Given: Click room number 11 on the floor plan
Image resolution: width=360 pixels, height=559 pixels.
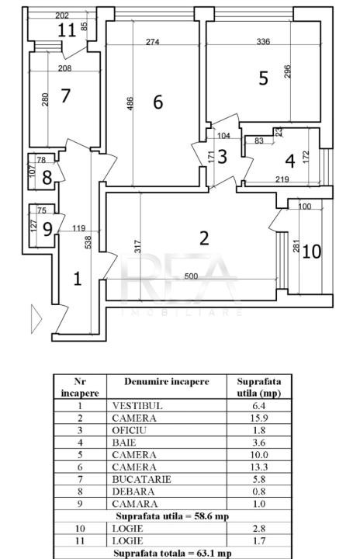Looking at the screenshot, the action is pyautogui.click(x=67, y=30).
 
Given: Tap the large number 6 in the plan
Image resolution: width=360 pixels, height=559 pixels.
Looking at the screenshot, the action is pyautogui.click(x=158, y=102).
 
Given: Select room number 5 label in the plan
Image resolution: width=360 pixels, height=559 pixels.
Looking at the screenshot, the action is pyautogui.click(x=263, y=78).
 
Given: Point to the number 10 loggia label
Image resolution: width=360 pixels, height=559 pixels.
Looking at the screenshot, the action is pyautogui.click(x=312, y=252).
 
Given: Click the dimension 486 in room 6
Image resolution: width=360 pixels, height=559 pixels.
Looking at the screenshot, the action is pyautogui.click(x=130, y=104).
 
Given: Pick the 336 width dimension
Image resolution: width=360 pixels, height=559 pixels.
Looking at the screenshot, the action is pyautogui.click(x=263, y=42).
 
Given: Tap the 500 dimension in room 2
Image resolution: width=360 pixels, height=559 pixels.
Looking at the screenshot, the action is pyautogui.click(x=192, y=276).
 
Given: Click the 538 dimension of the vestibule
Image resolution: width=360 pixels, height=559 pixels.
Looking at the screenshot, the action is pyautogui.click(x=88, y=242).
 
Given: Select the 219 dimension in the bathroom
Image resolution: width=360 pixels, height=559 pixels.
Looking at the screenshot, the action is pyautogui.click(x=282, y=179).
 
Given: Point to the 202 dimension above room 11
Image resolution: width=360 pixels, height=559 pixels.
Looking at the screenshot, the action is pyautogui.click(x=62, y=16).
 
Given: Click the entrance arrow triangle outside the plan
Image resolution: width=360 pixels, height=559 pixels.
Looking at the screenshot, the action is pyautogui.click(x=36, y=319).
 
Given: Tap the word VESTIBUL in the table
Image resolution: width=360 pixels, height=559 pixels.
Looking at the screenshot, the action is pyautogui.click(x=137, y=406).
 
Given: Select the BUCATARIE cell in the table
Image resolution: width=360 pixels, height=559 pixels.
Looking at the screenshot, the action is pyautogui.click(x=141, y=479).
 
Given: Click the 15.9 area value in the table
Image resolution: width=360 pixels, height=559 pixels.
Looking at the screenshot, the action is pyautogui.click(x=259, y=418).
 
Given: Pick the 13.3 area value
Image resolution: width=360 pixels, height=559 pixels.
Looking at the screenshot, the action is pyautogui.click(x=259, y=467).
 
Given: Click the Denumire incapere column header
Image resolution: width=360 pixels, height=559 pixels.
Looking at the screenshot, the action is pyautogui.click(x=167, y=382).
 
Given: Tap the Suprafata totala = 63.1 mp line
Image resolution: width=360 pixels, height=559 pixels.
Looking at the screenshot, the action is pyautogui.click(x=172, y=554).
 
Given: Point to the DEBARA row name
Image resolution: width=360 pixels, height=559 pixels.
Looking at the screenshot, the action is pyautogui.click(x=133, y=491).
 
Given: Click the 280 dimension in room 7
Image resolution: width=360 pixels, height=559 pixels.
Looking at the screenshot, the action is pyautogui.click(x=45, y=100).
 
